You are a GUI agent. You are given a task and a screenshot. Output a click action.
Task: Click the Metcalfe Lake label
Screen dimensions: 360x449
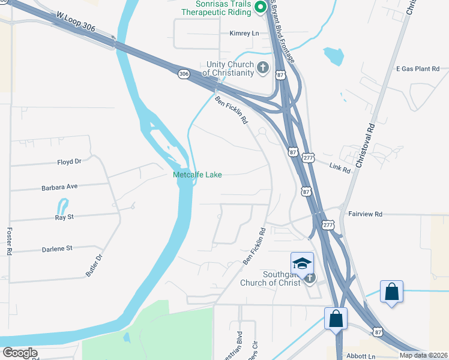point(197,175)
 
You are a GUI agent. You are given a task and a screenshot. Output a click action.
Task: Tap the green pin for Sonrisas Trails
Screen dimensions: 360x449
point(261,7)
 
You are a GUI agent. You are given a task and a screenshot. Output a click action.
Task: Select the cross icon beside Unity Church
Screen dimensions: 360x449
point(263,68)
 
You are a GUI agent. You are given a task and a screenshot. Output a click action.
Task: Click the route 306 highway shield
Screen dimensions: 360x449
point(184,73)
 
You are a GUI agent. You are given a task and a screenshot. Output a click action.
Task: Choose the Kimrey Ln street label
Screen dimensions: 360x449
point(244,34)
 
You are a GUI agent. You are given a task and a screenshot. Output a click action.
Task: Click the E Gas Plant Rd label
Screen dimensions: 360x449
point(418,69)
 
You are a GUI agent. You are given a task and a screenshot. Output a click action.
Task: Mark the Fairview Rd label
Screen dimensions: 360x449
point(365,214)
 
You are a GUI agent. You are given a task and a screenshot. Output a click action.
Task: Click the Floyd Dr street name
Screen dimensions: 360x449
point(69,162)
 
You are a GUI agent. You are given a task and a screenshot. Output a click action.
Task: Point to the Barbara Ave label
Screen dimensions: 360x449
point(60,187)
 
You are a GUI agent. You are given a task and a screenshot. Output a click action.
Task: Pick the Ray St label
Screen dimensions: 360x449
point(64,217)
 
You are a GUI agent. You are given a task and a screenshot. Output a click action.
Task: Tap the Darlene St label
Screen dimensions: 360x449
point(57,248)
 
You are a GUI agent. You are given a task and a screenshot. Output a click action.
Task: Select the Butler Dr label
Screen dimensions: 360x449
point(94,265)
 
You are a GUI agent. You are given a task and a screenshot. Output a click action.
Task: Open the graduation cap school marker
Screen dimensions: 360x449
point(302,263)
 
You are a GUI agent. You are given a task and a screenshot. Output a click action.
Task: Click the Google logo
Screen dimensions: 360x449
point(20,353)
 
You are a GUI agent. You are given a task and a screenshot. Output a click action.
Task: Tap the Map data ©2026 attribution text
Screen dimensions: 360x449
point(423,355)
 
